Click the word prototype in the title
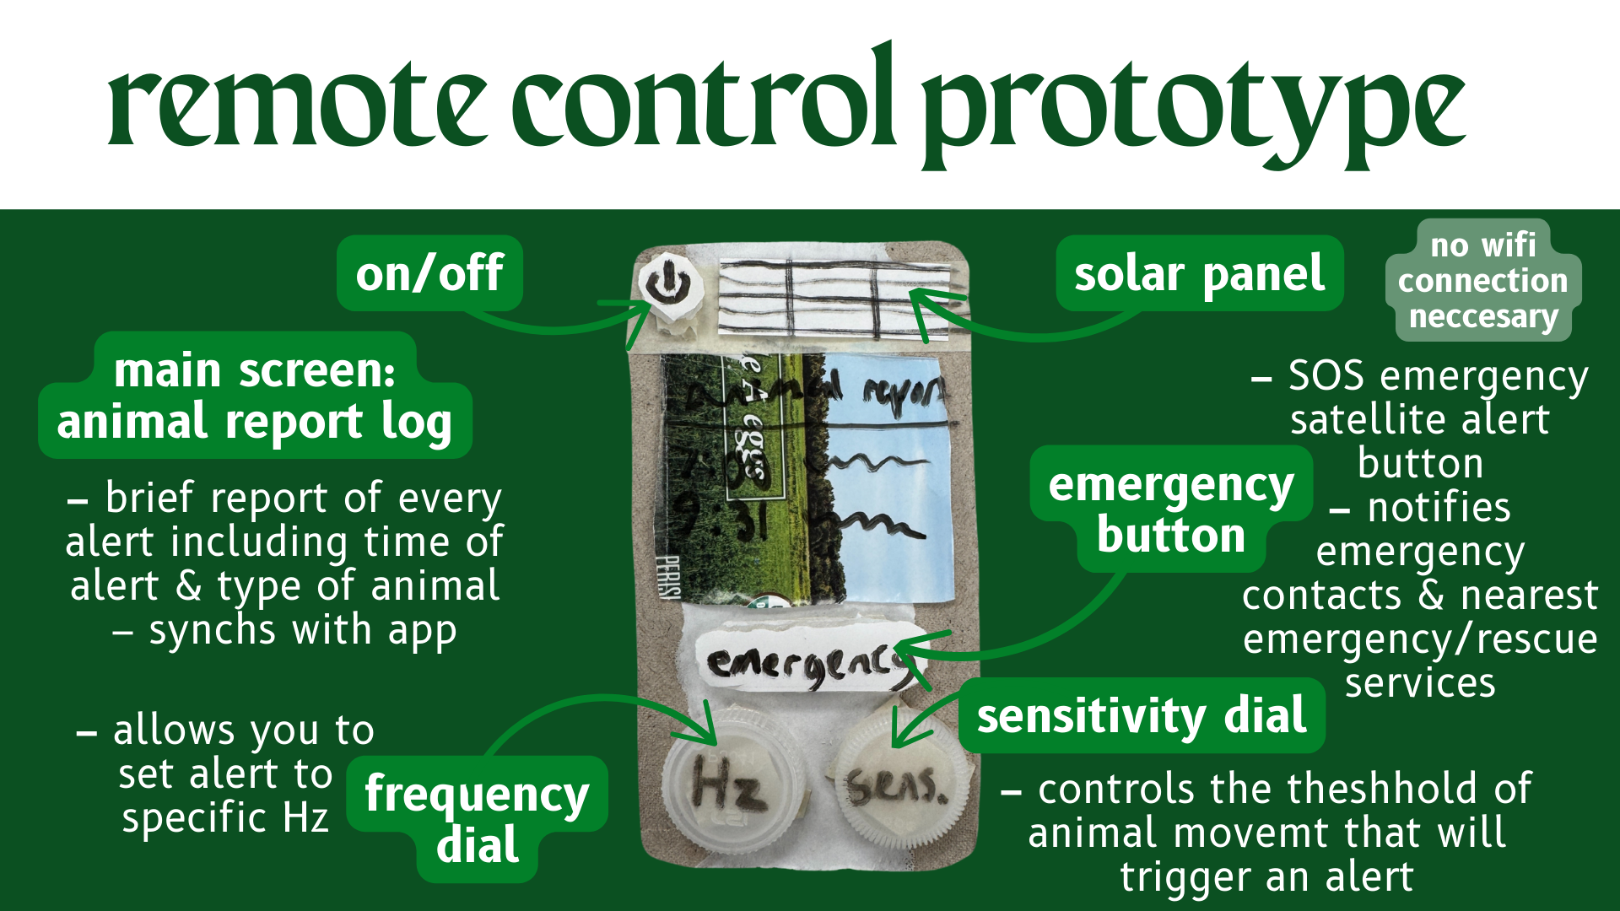coord(1193,105)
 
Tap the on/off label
coord(429,273)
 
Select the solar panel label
coord(1199,274)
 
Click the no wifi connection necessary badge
coord(1482,281)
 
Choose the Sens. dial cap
coord(898,786)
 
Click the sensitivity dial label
coord(1141,716)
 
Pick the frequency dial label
coord(477,818)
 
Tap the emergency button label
coord(1171,509)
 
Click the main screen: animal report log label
coord(255,396)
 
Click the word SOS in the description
coord(1326,375)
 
